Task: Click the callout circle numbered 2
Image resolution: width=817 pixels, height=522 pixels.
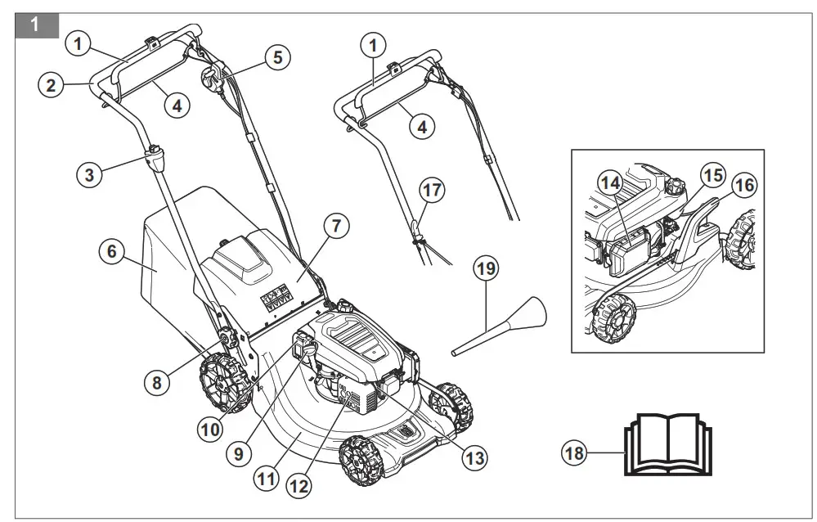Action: pyautogui.click(x=51, y=84)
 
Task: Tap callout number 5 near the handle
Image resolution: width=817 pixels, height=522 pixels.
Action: pyautogui.click(x=277, y=58)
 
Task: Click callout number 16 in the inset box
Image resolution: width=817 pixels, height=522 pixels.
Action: pyautogui.click(x=742, y=185)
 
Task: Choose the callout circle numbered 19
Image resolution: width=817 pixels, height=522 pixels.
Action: pyautogui.click(x=487, y=268)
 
